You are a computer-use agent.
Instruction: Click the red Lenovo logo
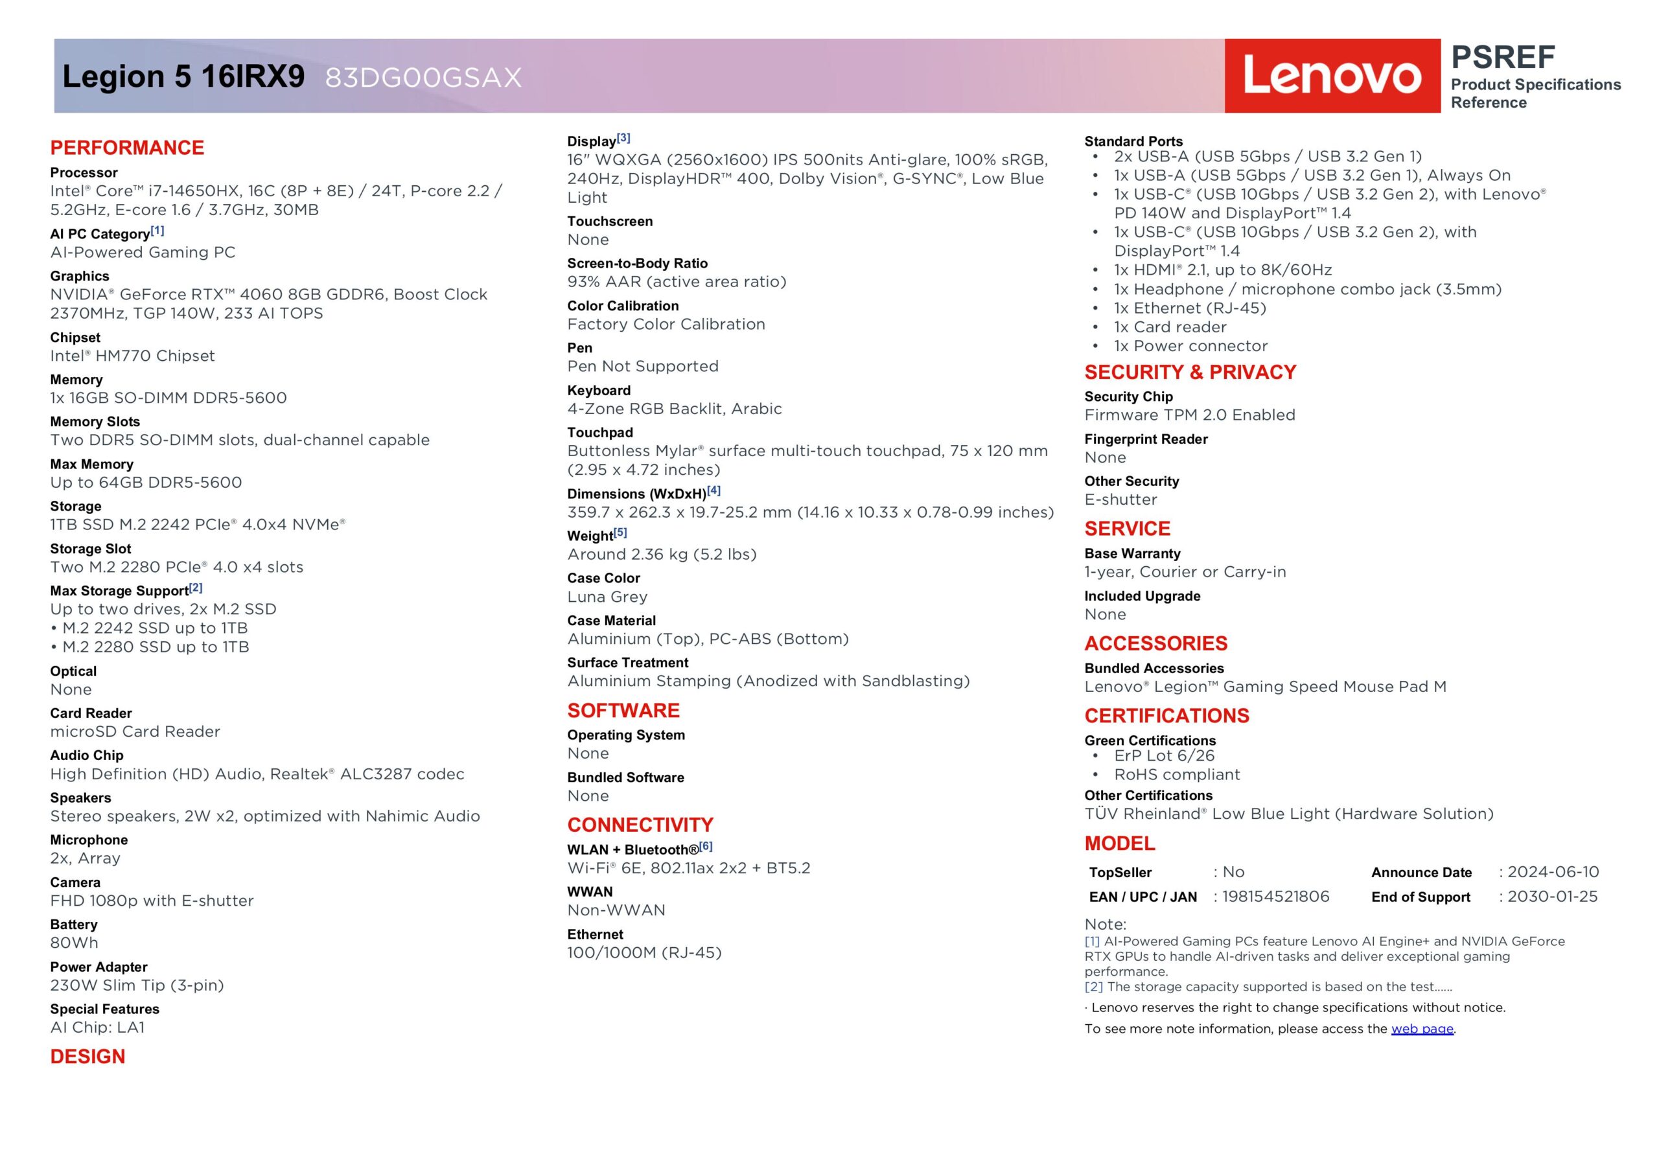(1332, 76)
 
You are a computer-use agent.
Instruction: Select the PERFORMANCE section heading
(127, 148)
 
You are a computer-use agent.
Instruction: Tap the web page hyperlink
(1421, 1028)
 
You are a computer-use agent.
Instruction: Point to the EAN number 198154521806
(1275, 897)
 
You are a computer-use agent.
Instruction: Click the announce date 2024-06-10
(1553, 872)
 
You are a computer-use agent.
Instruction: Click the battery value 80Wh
(74, 943)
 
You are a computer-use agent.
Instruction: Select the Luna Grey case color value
(607, 597)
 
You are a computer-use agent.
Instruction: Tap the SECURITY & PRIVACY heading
(1190, 372)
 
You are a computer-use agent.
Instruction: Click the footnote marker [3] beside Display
(623, 137)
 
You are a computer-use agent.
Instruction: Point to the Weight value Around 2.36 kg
(661, 554)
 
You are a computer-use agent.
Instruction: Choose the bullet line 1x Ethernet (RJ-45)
(1189, 308)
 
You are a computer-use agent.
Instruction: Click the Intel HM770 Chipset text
(132, 356)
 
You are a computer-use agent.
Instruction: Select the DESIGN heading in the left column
(87, 1057)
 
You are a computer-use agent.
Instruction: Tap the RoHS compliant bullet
(1176, 775)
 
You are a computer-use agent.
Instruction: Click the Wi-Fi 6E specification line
(688, 868)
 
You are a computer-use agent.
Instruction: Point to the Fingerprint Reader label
(1145, 439)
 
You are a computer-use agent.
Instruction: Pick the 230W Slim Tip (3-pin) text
(137, 985)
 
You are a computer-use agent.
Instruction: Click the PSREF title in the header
(1503, 57)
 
